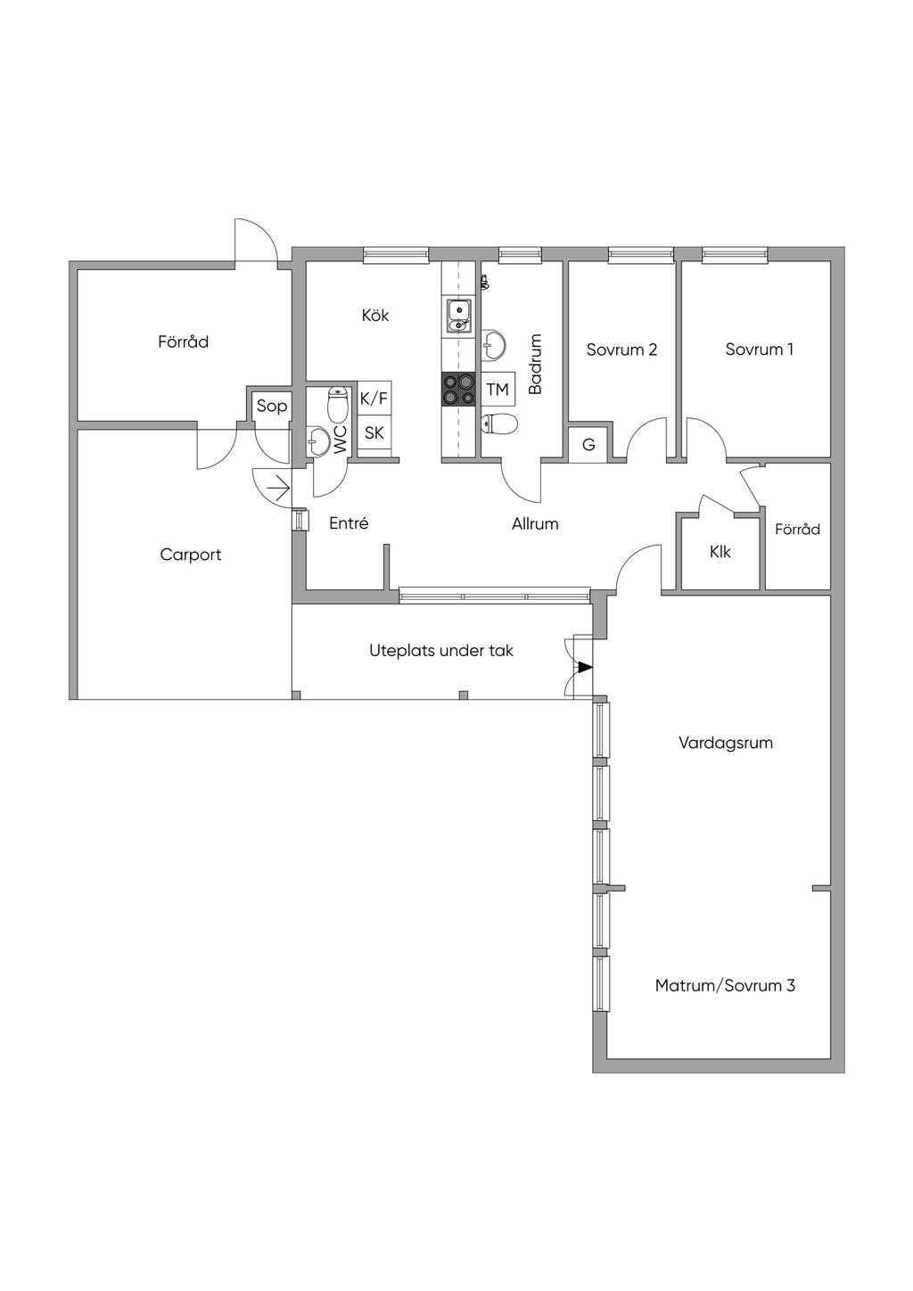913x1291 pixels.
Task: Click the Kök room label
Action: pos(375,316)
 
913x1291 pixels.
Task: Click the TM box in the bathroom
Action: pos(498,390)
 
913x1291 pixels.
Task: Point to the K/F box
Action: pos(374,399)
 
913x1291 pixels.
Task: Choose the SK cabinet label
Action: pos(374,432)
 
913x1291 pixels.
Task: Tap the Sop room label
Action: pos(271,406)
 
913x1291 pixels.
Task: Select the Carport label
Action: pos(190,555)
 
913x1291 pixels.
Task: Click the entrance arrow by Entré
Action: pos(279,489)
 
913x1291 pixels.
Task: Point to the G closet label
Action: pos(588,445)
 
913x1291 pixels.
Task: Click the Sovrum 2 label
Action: pos(622,349)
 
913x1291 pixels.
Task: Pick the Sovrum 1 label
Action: pos(759,349)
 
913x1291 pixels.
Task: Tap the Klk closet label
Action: pos(720,552)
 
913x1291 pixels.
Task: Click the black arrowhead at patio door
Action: pos(585,668)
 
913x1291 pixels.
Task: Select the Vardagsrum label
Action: pos(726,743)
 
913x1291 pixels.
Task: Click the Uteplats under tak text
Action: pos(441,651)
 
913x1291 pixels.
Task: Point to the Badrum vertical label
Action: pos(536,364)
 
